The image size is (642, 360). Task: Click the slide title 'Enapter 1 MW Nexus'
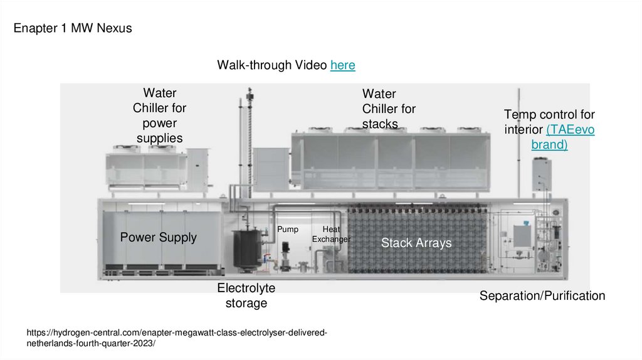(73, 28)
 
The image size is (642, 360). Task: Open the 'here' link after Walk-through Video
(342, 65)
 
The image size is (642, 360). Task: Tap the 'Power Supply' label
(158, 237)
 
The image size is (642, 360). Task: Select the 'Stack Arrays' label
(416, 243)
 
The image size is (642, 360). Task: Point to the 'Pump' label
(288, 230)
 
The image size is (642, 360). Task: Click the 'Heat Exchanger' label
(331, 235)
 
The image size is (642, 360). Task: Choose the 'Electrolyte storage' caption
(246, 295)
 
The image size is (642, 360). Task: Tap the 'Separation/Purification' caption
(542, 295)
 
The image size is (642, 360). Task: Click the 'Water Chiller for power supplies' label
(159, 115)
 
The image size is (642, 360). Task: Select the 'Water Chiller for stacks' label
(389, 109)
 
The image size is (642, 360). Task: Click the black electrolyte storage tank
(246, 250)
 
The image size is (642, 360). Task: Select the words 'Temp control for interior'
(549, 122)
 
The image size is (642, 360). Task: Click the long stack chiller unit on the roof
(389, 160)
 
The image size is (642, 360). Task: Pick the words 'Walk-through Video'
(272, 65)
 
